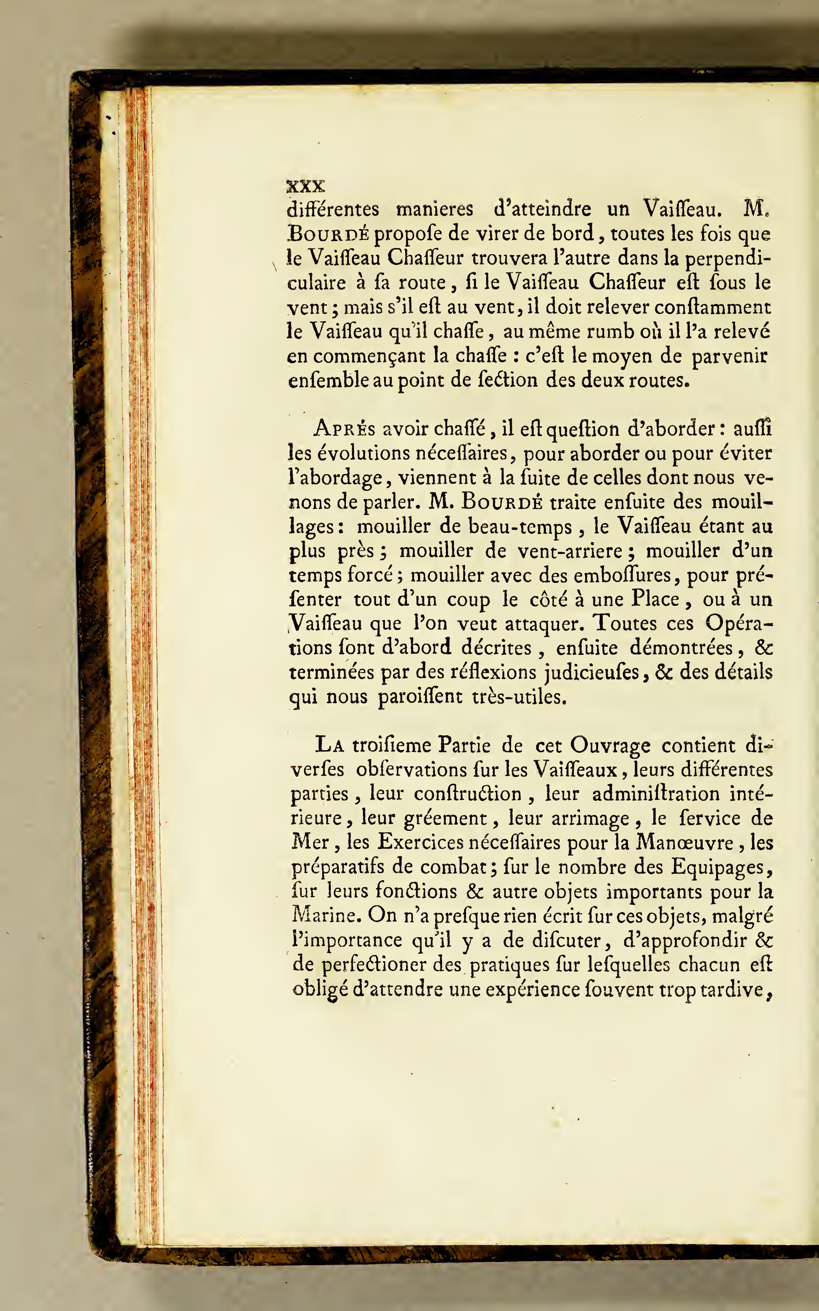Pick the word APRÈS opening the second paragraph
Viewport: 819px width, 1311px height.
click(x=344, y=429)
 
